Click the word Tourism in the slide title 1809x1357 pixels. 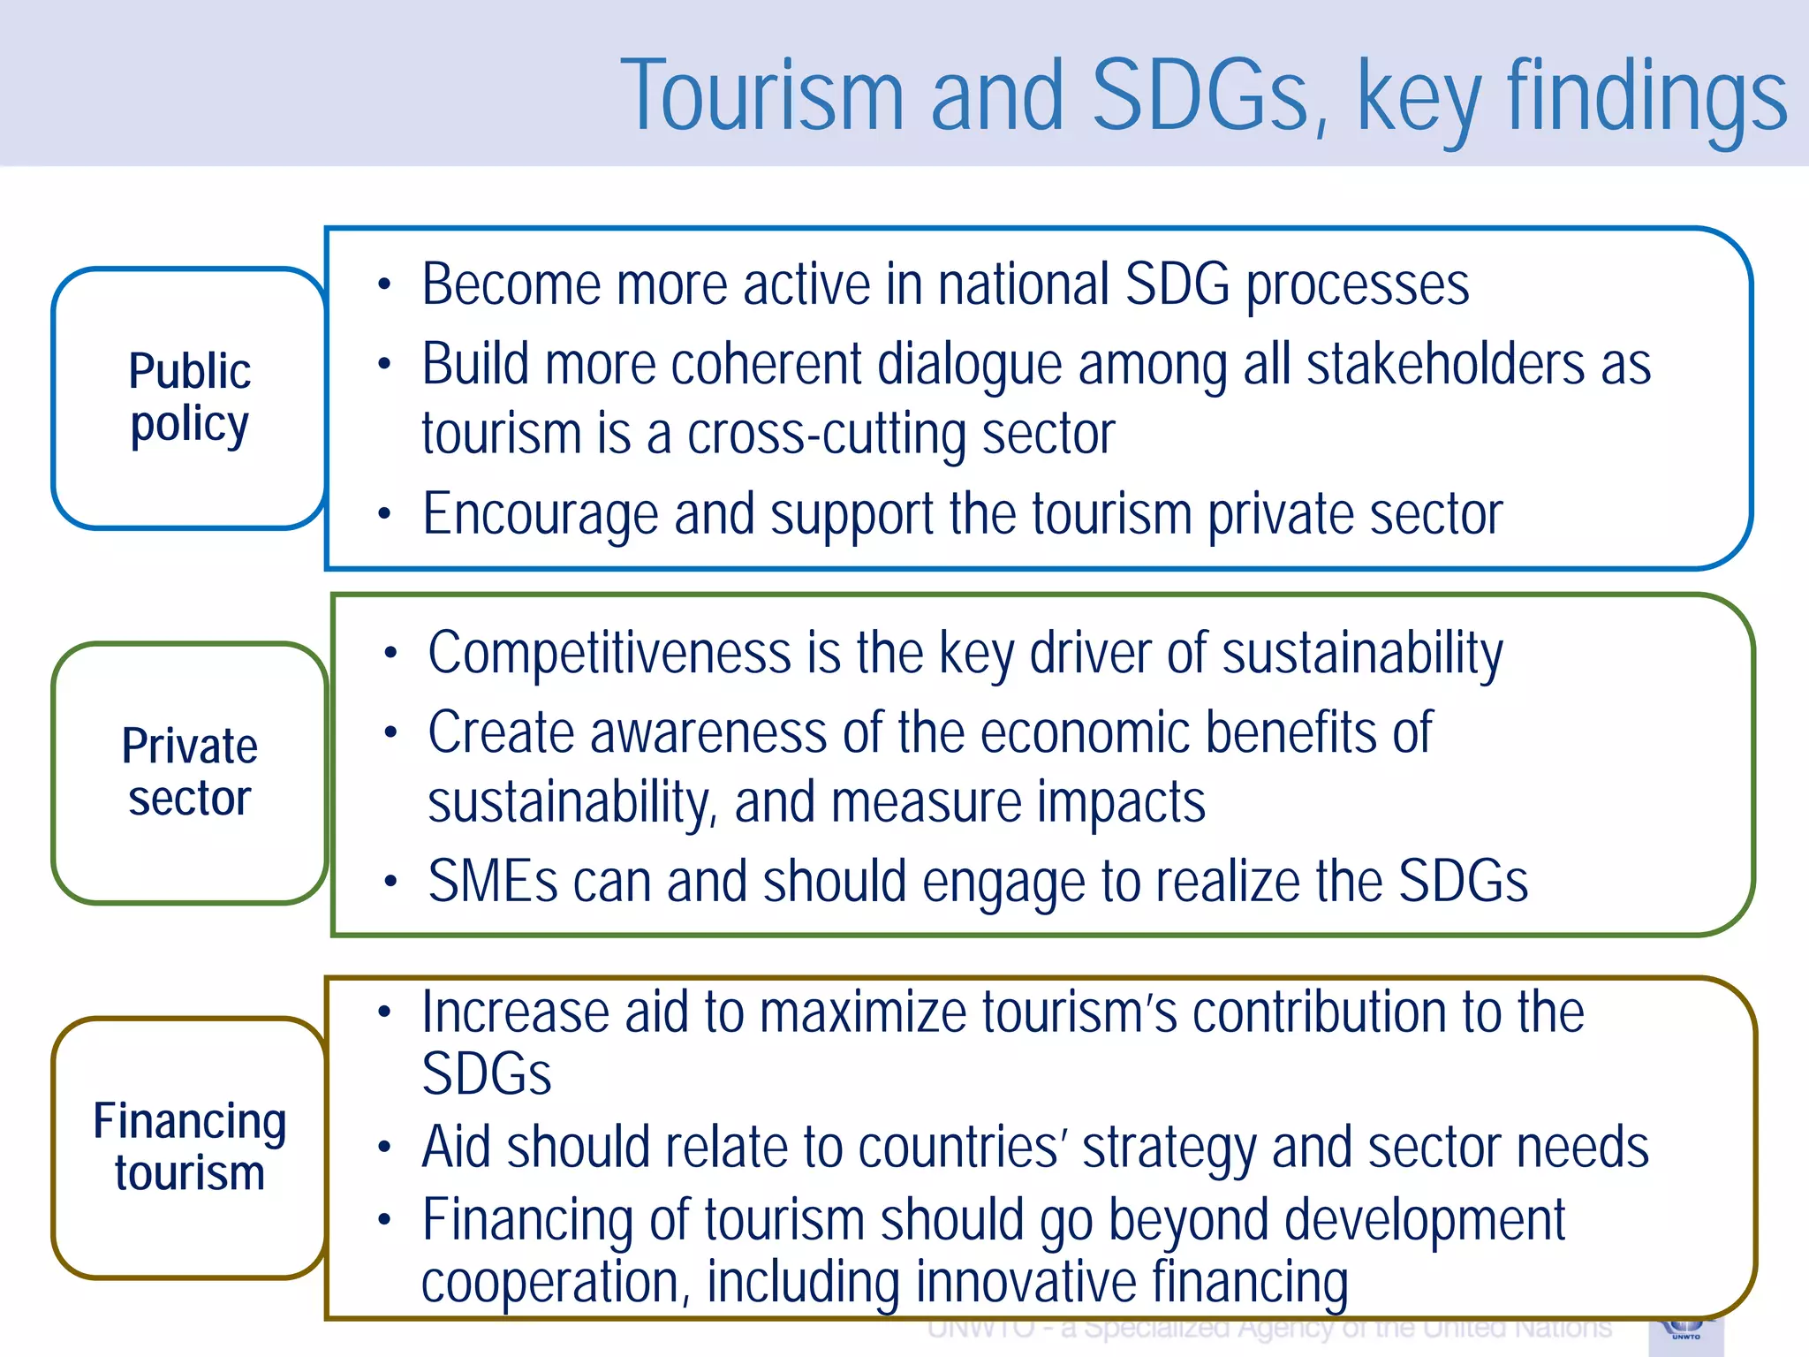762,95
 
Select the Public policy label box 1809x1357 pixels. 189,398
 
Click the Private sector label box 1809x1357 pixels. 189,773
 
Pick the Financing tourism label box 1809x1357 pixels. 189,1148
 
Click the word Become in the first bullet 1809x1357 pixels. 511,284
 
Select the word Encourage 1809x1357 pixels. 540,514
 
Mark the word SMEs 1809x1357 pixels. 493,882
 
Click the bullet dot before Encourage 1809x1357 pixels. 383,514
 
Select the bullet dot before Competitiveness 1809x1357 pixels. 390,654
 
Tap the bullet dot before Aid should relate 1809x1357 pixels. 383,1148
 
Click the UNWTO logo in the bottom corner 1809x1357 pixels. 1685,1333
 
